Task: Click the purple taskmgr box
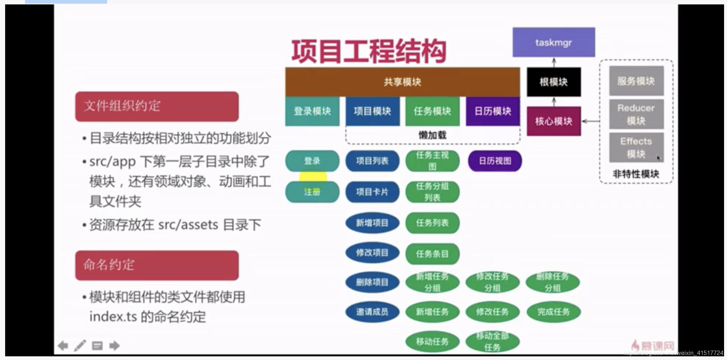pyautogui.click(x=554, y=42)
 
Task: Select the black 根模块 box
pyautogui.click(x=554, y=82)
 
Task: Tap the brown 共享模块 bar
pyautogui.click(x=402, y=82)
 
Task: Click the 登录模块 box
pyautogui.click(x=312, y=111)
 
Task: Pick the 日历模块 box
pyautogui.click(x=493, y=111)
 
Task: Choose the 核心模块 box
pyautogui.click(x=554, y=121)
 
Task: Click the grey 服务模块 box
pyautogui.click(x=636, y=81)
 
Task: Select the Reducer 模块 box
pyautogui.click(x=636, y=114)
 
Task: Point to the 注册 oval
pyautogui.click(x=312, y=192)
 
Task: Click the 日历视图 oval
pyautogui.click(x=495, y=161)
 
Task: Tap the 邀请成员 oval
pyautogui.click(x=372, y=312)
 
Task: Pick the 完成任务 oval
pyautogui.click(x=554, y=312)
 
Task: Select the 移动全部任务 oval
pyautogui.click(x=492, y=341)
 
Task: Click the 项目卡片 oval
pyautogui.click(x=372, y=192)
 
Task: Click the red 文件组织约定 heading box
pyautogui.click(x=157, y=106)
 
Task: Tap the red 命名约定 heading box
pyautogui.click(x=157, y=265)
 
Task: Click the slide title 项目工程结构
pyautogui.click(x=369, y=51)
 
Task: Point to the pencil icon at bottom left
pyautogui.click(x=80, y=346)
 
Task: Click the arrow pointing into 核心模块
pyautogui.click(x=591, y=121)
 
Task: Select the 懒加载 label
pyautogui.click(x=432, y=135)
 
